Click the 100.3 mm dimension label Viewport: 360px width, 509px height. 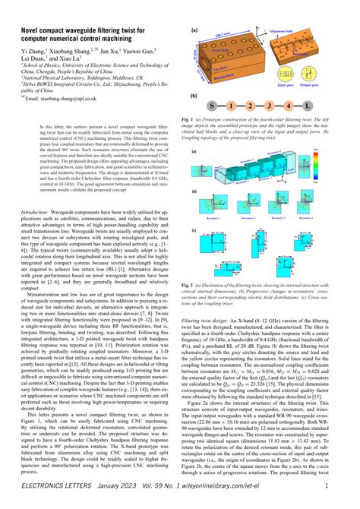[225, 35]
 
